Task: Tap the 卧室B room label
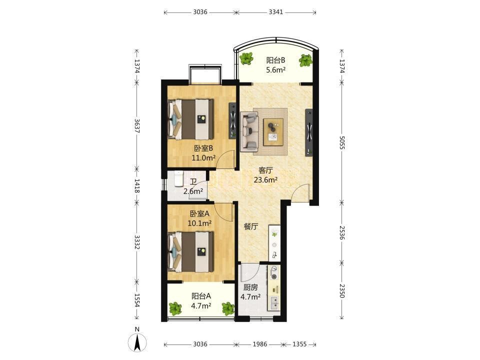pos(203,148)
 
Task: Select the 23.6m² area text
pos(265,179)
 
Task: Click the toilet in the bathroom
pos(178,178)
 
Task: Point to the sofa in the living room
pos(249,131)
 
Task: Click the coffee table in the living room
pos(273,131)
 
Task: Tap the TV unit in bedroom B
pos(233,120)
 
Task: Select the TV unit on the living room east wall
pos(309,132)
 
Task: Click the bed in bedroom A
pos(190,251)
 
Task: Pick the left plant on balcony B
pos(246,58)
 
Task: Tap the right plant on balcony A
pos(228,308)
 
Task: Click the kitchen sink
pos(274,303)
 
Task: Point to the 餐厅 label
pos(251,227)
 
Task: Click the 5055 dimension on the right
pos(342,142)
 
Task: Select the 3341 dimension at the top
pos(276,12)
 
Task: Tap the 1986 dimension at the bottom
pos(259,344)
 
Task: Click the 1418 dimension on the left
pos(137,186)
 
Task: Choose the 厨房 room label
pos(250,287)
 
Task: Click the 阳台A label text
pos(201,296)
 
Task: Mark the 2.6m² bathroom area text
pos(193,191)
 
